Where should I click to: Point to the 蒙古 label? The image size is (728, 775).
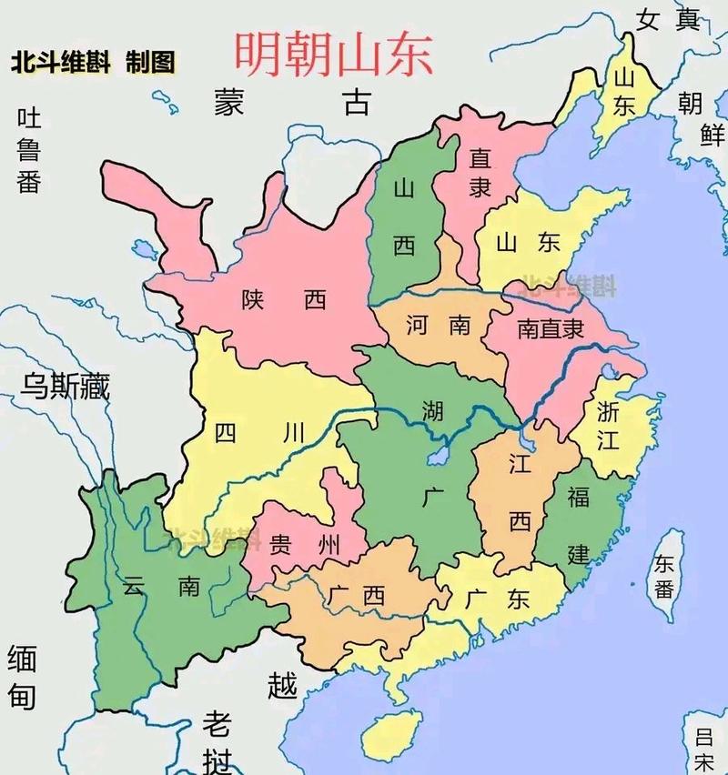(x=292, y=102)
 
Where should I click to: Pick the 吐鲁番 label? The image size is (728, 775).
(x=29, y=150)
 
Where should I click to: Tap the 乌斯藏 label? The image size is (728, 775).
(x=66, y=386)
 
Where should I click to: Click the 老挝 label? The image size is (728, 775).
(x=217, y=741)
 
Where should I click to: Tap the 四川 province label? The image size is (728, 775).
(x=259, y=433)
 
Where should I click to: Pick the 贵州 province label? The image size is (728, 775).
(x=305, y=545)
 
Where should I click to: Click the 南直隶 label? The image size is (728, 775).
(x=550, y=328)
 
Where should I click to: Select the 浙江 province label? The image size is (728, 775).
(x=608, y=425)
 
